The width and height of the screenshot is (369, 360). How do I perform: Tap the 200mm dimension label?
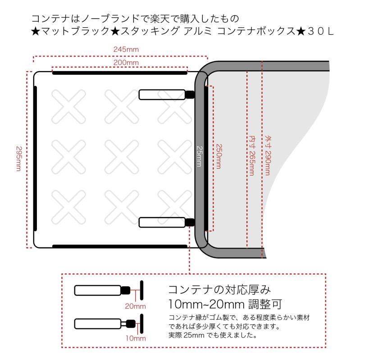[126, 62]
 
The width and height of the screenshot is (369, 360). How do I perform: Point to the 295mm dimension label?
[18, 158]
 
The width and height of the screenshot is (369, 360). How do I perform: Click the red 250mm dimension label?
[219, 156]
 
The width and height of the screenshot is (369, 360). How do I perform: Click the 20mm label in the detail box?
[135, 306]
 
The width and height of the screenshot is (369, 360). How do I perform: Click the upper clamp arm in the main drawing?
[162, 94]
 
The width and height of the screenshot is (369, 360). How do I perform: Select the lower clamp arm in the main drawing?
[162, 222]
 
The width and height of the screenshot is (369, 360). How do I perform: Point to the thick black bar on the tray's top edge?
[119, 72]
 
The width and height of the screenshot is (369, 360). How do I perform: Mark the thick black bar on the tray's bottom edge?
[119, 246]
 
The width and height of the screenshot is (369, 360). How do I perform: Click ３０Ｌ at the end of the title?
[321, 32]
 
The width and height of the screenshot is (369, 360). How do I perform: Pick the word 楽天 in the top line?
[155, 19]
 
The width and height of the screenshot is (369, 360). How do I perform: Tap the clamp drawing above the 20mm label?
[108, 290]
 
